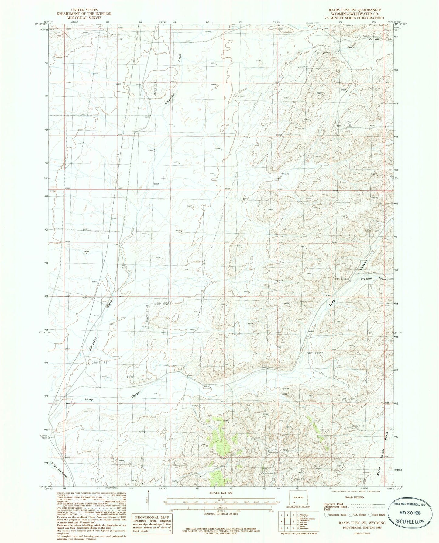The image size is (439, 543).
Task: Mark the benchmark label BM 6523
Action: [163, 304]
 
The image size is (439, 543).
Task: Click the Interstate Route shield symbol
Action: [327, 515]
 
